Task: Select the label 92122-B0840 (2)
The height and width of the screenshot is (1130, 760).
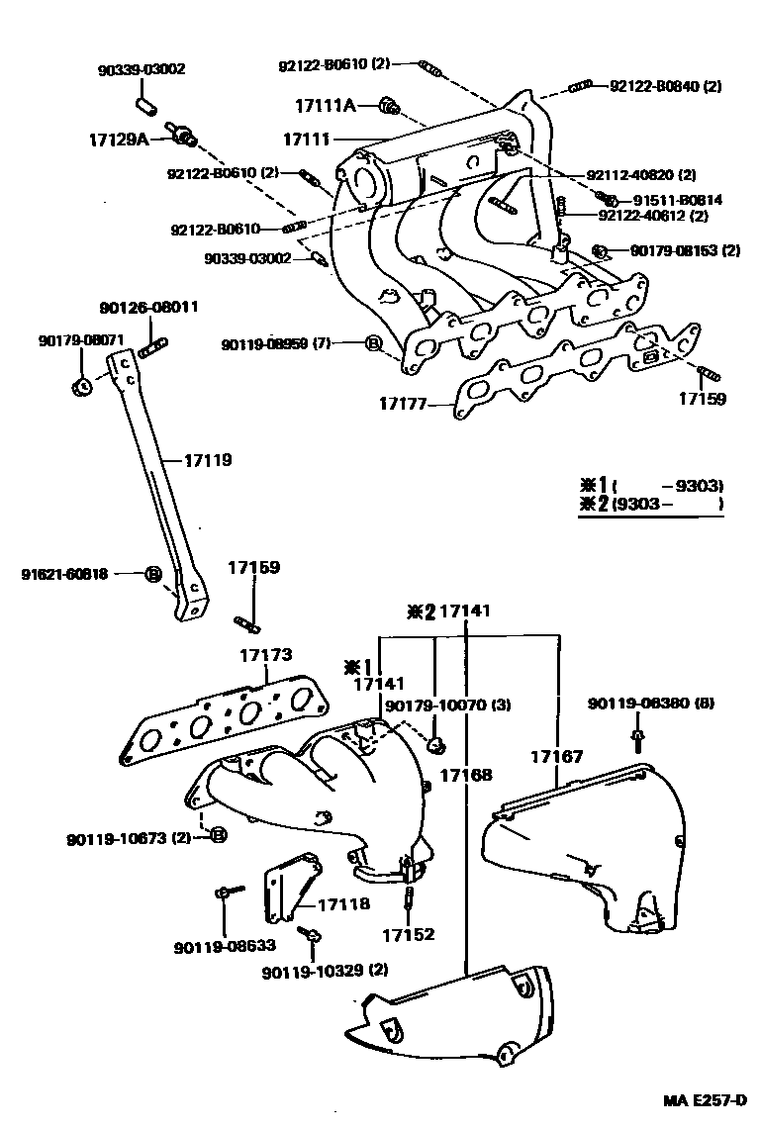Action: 664,86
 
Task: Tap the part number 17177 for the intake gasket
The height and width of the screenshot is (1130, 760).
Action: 404,404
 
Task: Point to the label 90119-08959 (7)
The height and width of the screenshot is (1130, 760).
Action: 276,344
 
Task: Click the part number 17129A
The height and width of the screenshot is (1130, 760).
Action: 118,140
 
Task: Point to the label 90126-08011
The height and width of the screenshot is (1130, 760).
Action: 148,307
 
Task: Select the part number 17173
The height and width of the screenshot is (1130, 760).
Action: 264,655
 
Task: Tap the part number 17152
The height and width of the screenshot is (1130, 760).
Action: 409,933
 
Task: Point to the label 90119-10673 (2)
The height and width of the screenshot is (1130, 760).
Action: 129,838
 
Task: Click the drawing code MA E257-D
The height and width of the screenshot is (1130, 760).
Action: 704,1099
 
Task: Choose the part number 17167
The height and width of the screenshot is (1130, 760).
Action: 551,756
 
